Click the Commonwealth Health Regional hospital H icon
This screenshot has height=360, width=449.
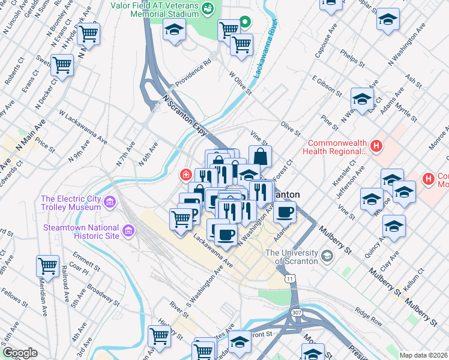pos(376,146)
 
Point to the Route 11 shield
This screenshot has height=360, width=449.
pos(291,279)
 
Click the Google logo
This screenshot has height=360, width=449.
pos(19,353)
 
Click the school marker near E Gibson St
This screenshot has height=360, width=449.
pos(362,99)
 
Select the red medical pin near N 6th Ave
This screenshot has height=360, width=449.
pos(186,175)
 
